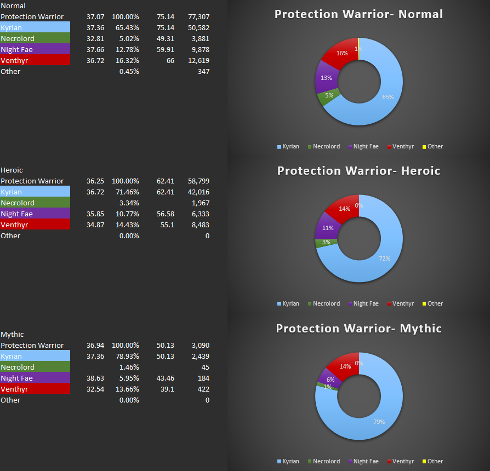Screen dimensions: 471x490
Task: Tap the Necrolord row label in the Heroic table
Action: click(x=18, y=203)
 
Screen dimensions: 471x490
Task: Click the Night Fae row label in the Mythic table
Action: click(x=17, y=378)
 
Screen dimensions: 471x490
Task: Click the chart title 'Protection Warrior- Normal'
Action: click(x=358, y=14)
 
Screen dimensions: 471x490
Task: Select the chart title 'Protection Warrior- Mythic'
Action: click(x=358, y=329)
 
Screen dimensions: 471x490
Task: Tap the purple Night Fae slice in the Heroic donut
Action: click(x=327, y=226)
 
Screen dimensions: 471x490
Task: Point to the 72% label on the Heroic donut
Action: click(x=384, y=258)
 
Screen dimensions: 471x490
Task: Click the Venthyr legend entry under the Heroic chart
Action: click(x=400, y=303)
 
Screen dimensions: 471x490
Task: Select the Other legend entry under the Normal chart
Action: click(x=432, y=146)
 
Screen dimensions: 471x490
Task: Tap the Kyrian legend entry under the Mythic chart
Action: click(x=288, y=461)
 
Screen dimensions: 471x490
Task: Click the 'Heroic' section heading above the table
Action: click(x=12, y=170)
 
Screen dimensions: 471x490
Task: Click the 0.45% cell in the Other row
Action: click(x=129, y=72)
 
